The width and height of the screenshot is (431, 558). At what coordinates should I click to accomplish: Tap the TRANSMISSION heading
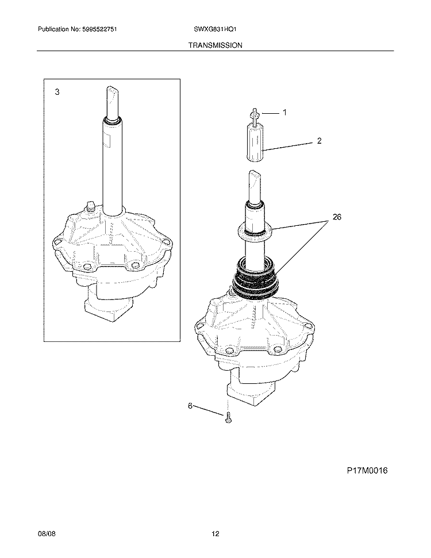pyautogui.click(x=215, y=45)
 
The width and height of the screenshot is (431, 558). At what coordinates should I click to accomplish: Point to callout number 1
pyautogui.click(x=284, y=113)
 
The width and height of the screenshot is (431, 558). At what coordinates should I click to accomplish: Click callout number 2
pyautogui.click(x=320, y=141)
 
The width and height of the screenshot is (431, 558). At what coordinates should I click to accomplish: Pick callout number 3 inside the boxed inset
pyautogui.click(x=57, y=92)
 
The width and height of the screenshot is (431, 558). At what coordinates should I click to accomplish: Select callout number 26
pyautogui.click(x=337, y=217)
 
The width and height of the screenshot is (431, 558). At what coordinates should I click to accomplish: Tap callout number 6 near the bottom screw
pyautogui.click(x=190, y=406)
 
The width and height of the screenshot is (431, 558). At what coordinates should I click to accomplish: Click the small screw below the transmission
pyautogui.click(x=228, y=418)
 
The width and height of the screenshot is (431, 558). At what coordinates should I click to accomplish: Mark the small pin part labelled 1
pyautogui.click(x=254, y=116)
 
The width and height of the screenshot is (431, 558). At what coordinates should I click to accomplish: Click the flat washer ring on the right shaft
pyautogui.click(x=255, y=232)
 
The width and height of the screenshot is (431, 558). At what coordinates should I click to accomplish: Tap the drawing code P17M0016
pyautogui.click(x=367, y=471)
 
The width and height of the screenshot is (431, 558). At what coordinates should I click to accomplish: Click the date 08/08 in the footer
pyautogui.click(x=47, y=534)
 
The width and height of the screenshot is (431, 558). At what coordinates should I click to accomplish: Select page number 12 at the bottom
pyautogui.click(x=215, y=534)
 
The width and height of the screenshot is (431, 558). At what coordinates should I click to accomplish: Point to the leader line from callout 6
pyautogui.click(x=208, y=410)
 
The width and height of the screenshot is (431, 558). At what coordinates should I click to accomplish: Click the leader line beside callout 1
pyautogui.click(x=270, y=114)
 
